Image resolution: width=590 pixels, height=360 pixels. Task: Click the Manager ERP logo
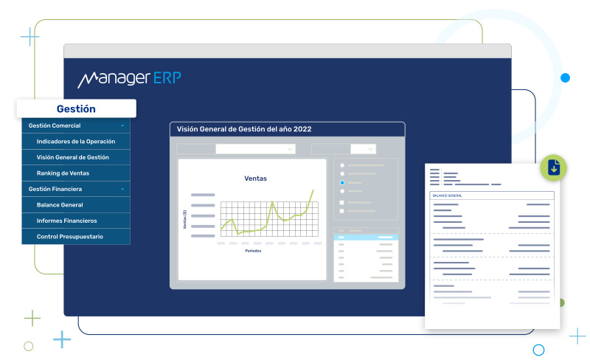[x=129, y=78]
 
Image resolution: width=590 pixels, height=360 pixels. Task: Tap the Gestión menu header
[x=76, y=108]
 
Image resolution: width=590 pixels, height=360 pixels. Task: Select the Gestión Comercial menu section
[x=55, y=125]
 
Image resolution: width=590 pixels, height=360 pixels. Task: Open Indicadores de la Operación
[x=76, y=141]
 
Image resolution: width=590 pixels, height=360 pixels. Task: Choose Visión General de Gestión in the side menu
[x=73, y=157]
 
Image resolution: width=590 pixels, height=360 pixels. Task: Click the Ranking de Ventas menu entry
[x=63, y=173]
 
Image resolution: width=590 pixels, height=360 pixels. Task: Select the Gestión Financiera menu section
[x=55, y=189]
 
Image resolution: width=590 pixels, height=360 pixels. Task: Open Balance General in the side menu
[x=60, y=204]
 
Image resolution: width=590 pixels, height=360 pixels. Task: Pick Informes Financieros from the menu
[x=66, y=221]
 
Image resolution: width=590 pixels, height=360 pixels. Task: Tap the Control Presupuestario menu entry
[x=70, y=236]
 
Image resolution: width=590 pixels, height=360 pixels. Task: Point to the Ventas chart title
[x=255, y=179]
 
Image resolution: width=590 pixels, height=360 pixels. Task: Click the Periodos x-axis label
[x=253, y=251]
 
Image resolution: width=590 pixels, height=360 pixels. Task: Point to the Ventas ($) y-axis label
[x=185, y=218]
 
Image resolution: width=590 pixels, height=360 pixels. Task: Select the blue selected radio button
[x=342, y=182]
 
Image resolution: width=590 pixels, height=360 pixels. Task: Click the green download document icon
[x=554, y=168]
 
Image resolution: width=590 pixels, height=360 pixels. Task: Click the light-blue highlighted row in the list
[x=366, y=238]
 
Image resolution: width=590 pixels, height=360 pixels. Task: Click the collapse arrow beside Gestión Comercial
[x=122, y=126]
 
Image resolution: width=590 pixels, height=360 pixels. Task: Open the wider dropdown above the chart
[x=255, y=149]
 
